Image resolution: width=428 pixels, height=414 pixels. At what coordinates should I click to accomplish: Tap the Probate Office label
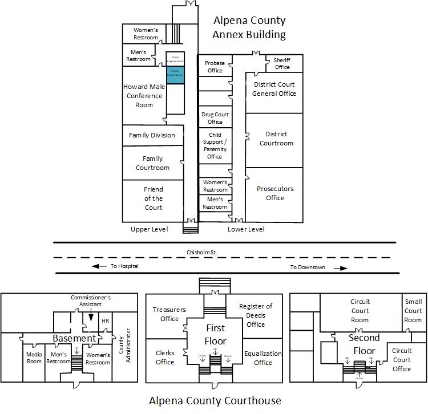215,67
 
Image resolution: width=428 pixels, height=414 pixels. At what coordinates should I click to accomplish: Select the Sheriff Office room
282,63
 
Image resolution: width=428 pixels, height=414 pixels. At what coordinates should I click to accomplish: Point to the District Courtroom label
276,139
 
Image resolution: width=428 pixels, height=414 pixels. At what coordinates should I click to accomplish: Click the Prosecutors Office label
274,193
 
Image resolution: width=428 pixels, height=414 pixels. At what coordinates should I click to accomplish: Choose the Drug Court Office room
215,118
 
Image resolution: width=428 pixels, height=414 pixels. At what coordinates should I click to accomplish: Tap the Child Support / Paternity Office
215,146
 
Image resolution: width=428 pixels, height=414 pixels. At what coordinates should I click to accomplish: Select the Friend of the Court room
153,198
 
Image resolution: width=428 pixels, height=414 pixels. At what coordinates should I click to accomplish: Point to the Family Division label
152,135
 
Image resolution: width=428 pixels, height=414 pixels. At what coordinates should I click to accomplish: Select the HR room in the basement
105,321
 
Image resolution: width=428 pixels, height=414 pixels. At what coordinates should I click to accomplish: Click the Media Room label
34,358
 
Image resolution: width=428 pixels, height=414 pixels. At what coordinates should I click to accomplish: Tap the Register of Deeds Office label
256,315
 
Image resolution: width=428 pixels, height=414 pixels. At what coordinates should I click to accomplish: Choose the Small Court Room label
413,311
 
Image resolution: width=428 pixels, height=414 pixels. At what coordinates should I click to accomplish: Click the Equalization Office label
263,358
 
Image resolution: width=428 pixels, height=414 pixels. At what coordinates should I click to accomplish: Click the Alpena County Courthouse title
215,400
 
